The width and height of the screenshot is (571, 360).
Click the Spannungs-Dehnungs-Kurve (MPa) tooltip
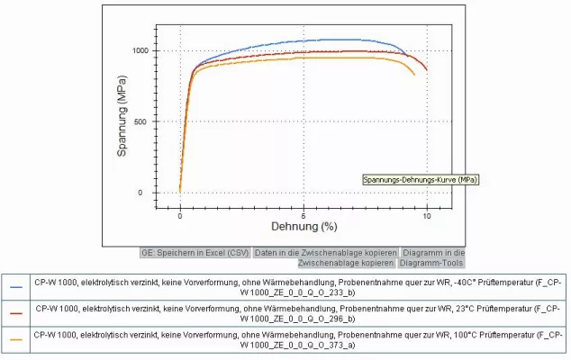[421, 180]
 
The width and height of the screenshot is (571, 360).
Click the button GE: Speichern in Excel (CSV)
[195, 253]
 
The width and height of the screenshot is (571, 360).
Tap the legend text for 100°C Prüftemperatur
[296, 339]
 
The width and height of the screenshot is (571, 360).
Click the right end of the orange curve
[415, 75]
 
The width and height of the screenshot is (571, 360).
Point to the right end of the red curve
[427, 69]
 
